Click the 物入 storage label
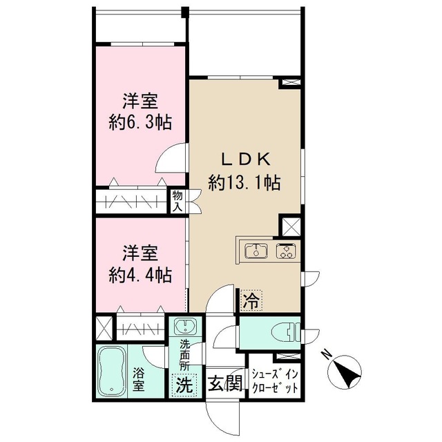177,202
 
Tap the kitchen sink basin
256,251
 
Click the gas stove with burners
285,251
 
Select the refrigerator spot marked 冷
251,300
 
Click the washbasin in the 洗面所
185,327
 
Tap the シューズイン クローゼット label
274,381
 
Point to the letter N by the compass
327,356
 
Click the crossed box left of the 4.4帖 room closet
105,326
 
